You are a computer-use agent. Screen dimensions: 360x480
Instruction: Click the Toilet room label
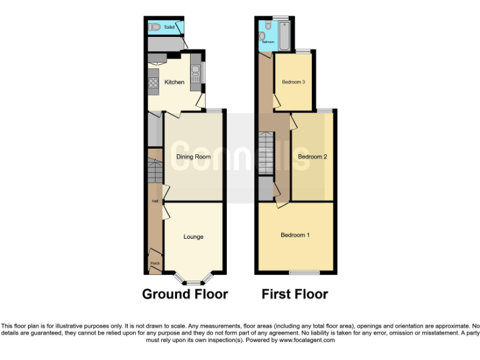[169, 27]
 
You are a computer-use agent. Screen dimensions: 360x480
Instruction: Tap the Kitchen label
[174, 82]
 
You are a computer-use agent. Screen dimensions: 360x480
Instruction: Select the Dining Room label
[193, 157]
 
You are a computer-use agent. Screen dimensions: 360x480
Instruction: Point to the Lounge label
[193, 236]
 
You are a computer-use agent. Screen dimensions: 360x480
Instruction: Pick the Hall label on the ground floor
[154, 201]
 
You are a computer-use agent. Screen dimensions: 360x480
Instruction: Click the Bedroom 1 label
[294, 235]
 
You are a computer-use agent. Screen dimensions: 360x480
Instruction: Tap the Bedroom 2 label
[312, 157]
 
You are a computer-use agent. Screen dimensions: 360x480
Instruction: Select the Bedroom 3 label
[293, 82]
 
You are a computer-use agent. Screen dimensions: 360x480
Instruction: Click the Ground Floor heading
[185, 294]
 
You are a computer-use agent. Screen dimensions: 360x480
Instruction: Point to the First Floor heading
[294, 294]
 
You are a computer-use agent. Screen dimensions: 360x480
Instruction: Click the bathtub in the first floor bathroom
[285, 36]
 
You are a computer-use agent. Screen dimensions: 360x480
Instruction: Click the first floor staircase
[266, 154]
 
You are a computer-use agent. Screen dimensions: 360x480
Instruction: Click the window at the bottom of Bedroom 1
[304, 272]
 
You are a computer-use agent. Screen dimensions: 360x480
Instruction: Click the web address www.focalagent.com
[307, 341]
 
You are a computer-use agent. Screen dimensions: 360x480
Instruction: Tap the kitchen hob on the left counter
[153, 82]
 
